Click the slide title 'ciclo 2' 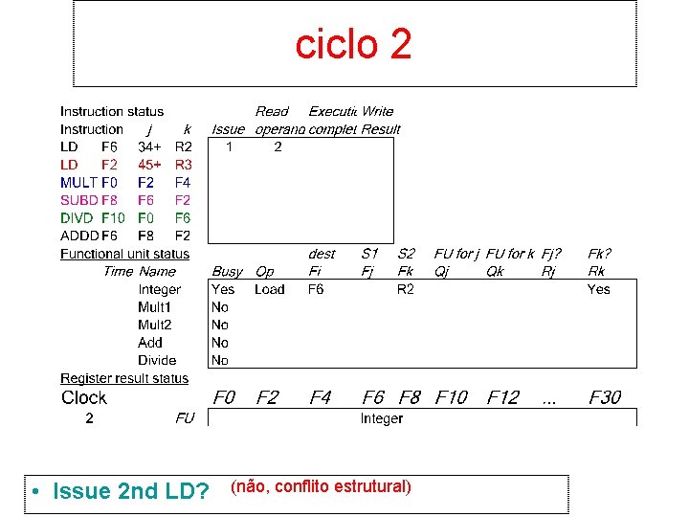pos(353,44)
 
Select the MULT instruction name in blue pos(78,182)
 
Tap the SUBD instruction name pos(78,200)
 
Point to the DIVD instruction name pos(78,218)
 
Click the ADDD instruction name pos(78,236)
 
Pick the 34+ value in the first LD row pos(150,146)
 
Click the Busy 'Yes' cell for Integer pos(223,289)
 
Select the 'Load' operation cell pos(269,289)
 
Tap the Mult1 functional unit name pos(155,307)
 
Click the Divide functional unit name pos(157,361)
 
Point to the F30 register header pos(605,397)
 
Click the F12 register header pos(503,397)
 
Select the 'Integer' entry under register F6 pos(382,418)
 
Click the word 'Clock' pos(84,397)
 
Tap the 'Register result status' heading pos(124,379)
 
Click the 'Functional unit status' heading pos(124,254)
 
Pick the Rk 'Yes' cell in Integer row pos(598,289)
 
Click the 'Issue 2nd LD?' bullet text pos(132,492)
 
